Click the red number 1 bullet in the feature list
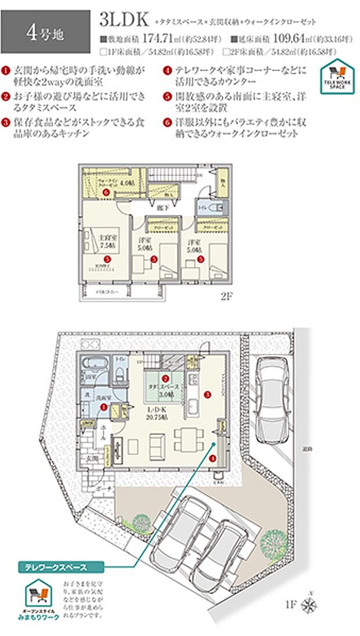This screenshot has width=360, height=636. (5, 70)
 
